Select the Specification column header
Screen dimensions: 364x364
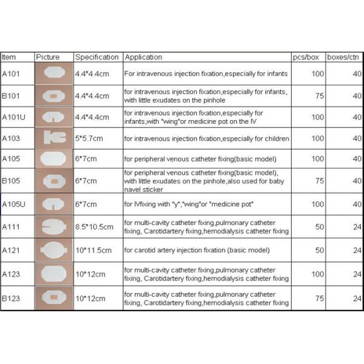(x=96, y=57)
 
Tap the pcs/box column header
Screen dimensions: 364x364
(x=306, y=57)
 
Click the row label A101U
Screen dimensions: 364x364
(x=14, y=116)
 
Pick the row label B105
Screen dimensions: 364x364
(x=10, y=181)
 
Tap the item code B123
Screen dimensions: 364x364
(x=10, y=298)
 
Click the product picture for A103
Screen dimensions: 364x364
(x=53, y=138)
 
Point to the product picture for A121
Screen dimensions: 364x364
(x=53, y=250)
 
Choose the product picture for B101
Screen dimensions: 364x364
(x=53, y=95)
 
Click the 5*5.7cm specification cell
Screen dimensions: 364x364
(x=89, y=138)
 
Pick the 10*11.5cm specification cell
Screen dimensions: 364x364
(x=93, y=250)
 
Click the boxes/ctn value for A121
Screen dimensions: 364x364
(x=357, y=250)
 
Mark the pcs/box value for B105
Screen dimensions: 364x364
(x=318, y=181)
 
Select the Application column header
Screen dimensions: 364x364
(x=144, y=57)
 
